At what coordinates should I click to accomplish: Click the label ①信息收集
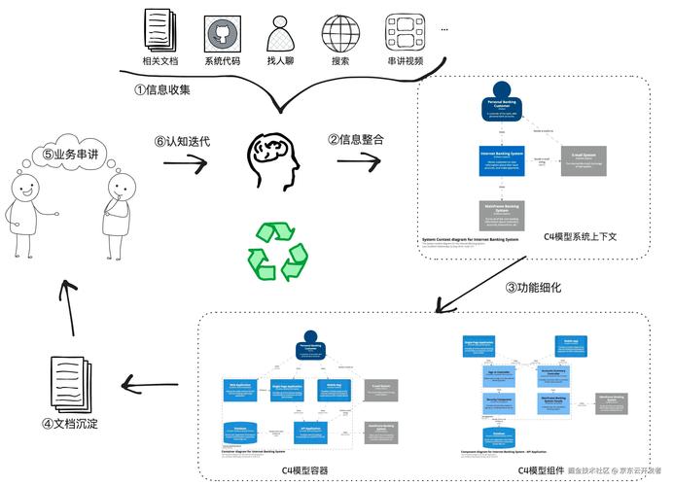[162, 89]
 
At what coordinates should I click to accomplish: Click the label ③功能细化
[532, 288]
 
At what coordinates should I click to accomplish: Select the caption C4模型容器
[304, 470]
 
